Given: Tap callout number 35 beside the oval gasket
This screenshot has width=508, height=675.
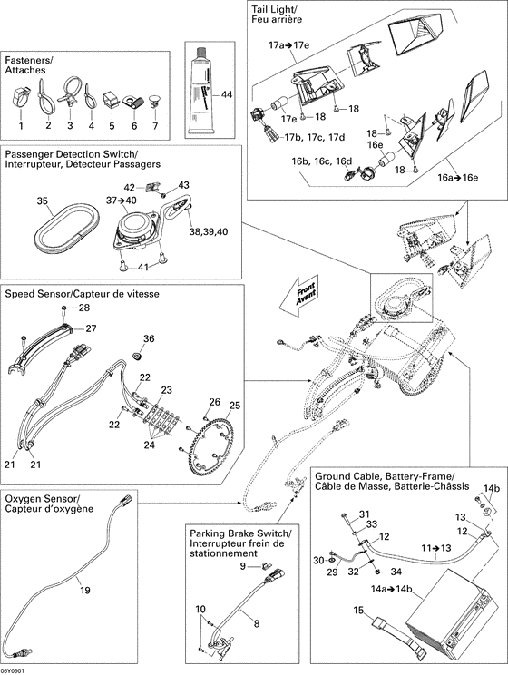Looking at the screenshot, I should click(x=42, y=200).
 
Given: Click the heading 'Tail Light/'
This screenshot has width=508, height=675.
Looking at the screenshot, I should click(x=274, y=9).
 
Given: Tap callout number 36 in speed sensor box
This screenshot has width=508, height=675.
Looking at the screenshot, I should click(x=149, y=338).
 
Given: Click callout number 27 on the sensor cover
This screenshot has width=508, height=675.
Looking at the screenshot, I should click(x=91, y=328).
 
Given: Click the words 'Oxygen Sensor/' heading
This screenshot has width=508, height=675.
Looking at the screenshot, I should click(x=42, y=499).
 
